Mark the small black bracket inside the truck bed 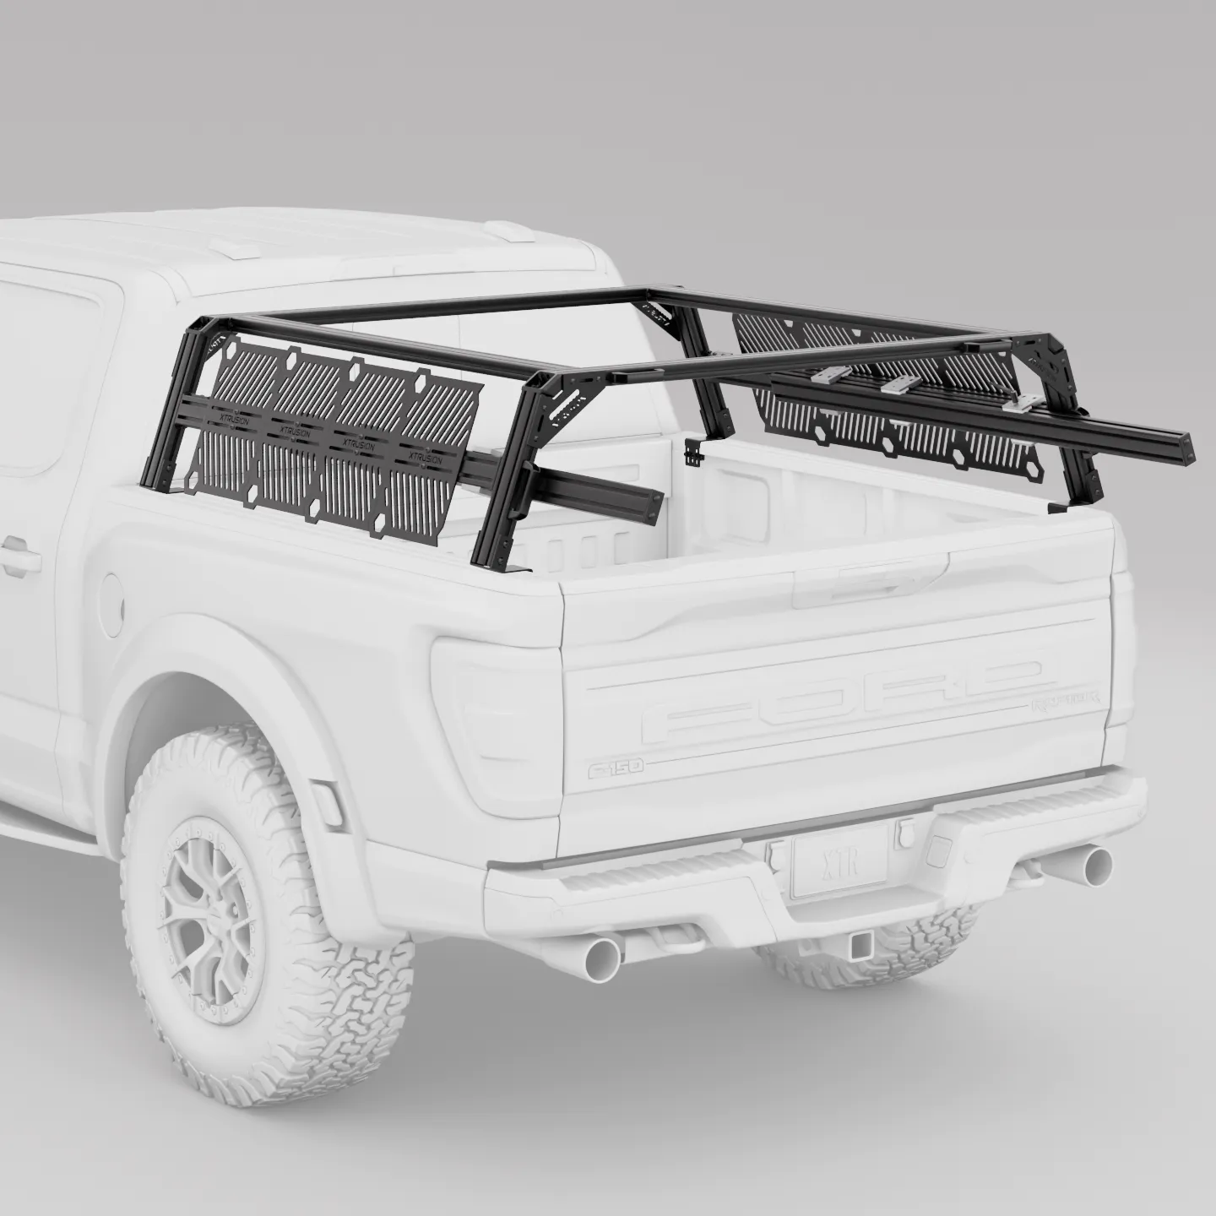pos(694,453)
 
